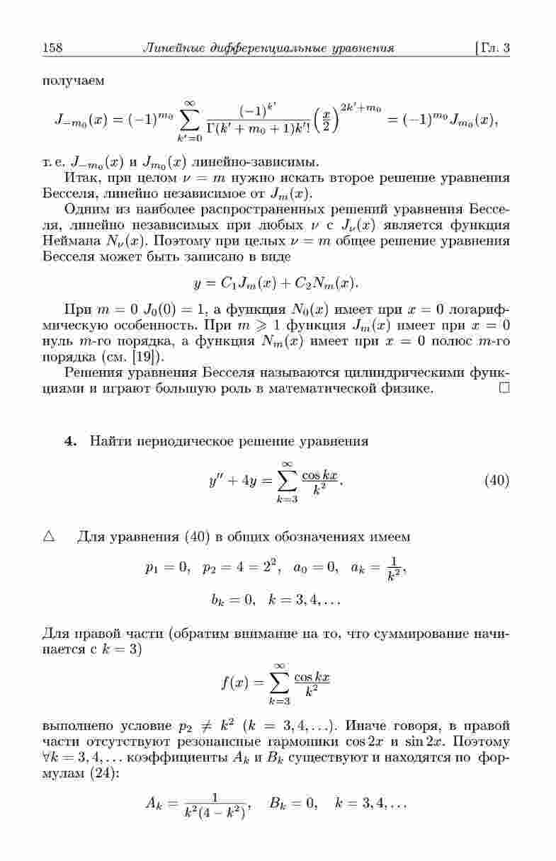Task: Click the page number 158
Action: pyautogui.click(x=53, y=48)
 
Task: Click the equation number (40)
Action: pyautogui.click(x=497, y=481)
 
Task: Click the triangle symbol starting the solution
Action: pyautogui.click(x=49, y=536)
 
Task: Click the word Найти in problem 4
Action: pyautogui.click(x=108, y=441)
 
